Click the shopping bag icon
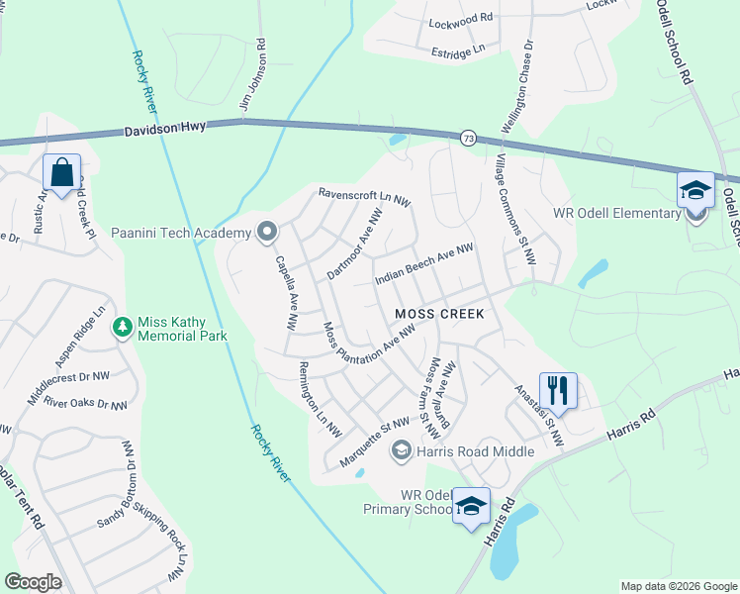pos(61,173)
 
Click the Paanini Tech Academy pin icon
pos(266,233)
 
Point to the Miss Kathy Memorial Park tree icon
pos(123,326)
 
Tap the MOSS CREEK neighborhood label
pos(439,314)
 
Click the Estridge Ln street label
pos(459,49)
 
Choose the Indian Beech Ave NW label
pos(424,266)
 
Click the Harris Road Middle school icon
pos(401,451)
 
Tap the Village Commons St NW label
pos(515,207)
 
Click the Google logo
pos(33,582)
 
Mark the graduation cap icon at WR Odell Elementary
pos(695,189)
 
